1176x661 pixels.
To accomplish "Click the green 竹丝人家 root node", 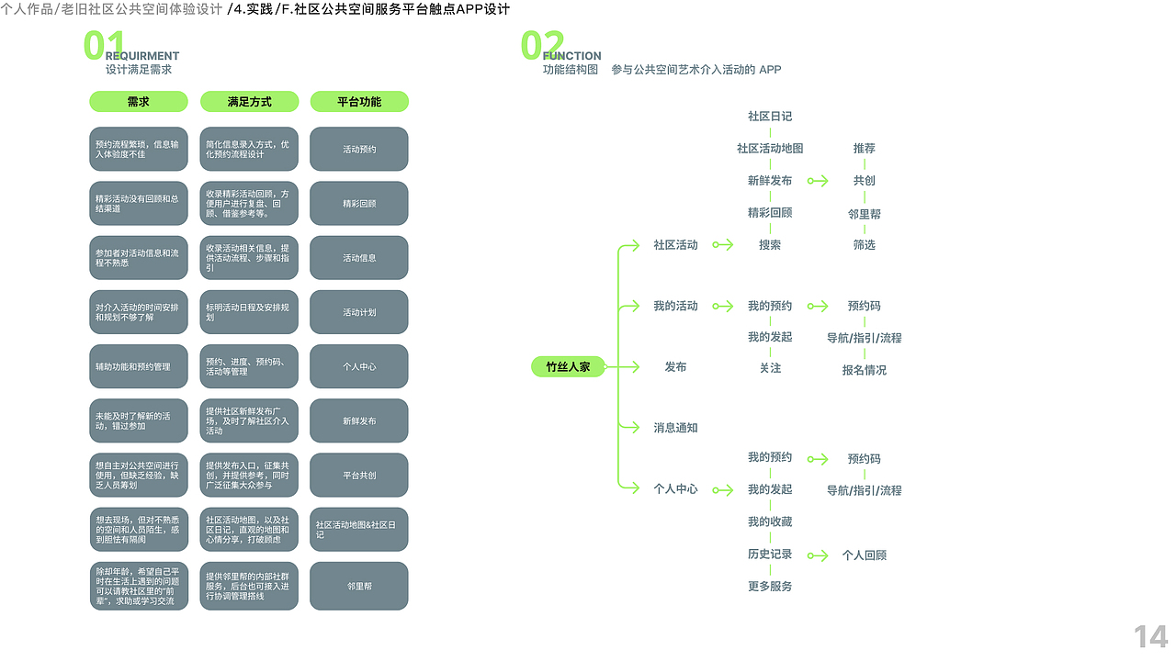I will click(568, 367).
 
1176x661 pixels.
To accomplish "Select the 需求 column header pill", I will click(138, 102).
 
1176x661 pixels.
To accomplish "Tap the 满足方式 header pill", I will click(249, 102).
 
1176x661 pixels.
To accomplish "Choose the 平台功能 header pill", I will click(359, 102).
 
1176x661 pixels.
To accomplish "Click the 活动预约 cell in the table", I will click(359, 149).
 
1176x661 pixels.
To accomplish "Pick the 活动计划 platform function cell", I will click(359, 312).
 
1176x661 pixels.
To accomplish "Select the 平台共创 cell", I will click(359, 476).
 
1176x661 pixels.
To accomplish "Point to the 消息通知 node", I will click(675, 428).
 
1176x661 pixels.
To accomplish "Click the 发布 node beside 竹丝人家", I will click(675, 367).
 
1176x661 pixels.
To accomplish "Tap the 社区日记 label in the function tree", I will click(770, 117).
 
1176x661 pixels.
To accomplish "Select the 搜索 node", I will click(770, 245).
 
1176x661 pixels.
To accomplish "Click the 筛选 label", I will click(864, 245).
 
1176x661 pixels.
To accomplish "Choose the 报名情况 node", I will click(864, 371).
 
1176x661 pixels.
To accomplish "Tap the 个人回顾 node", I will click(864, 555).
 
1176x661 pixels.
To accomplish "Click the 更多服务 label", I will click(770, 587).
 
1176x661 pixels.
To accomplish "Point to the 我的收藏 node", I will click(770, 522).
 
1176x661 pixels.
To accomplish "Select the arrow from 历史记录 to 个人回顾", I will click(817, 555).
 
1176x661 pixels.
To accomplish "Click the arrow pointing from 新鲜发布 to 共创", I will click(817, 181).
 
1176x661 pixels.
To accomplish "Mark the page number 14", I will click(1150, 636).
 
